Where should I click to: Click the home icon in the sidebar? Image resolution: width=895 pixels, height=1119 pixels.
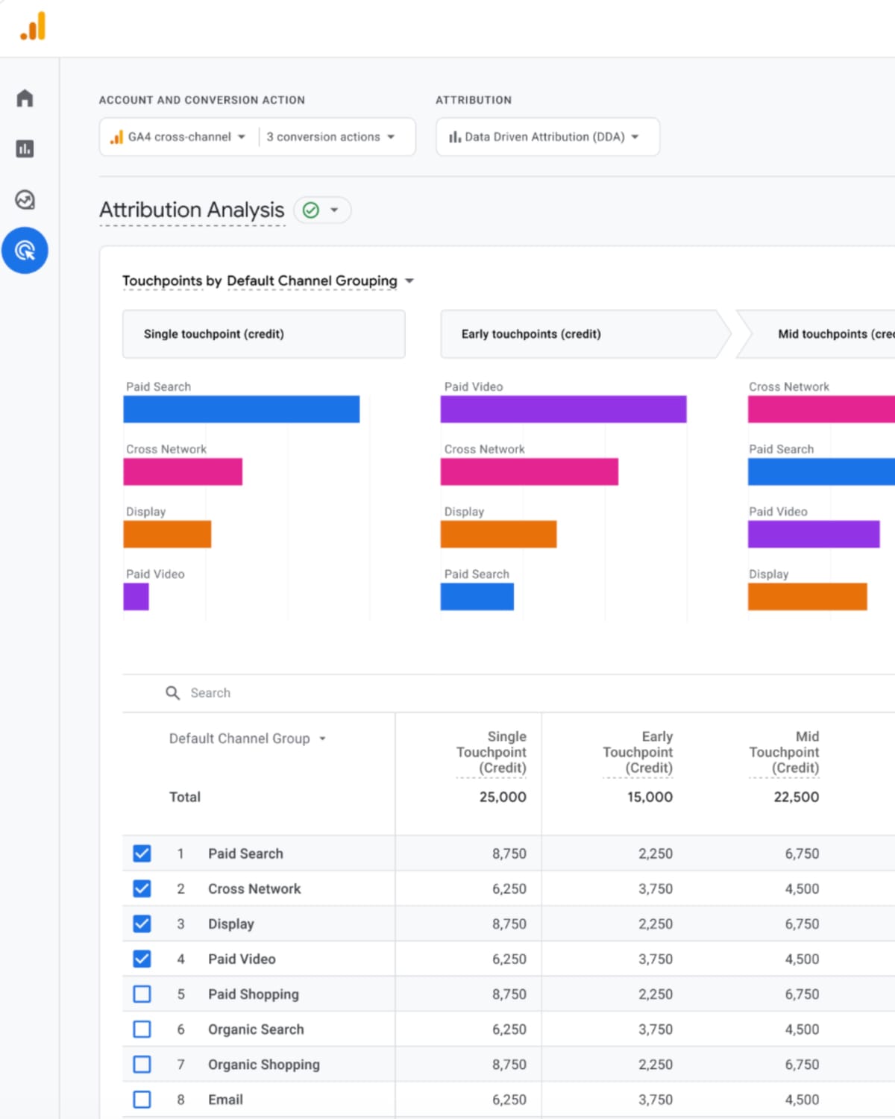tap(25, 98)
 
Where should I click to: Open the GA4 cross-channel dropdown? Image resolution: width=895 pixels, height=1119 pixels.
tap(179, 137)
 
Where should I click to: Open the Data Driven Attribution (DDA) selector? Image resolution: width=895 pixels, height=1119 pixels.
tap(545, 137)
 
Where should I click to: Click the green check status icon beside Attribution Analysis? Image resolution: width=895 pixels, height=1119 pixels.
tap(311, 210)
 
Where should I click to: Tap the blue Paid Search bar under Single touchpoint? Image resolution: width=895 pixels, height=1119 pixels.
tap(241, 410)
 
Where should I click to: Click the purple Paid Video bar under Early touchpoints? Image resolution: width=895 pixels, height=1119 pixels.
tap(563, 410)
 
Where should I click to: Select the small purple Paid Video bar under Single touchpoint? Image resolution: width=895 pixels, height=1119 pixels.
tap(136, 597)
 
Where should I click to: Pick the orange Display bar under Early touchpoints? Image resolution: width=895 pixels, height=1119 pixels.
tap(498, 534)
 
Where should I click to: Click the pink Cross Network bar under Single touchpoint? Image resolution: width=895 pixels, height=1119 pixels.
tap(183, 472)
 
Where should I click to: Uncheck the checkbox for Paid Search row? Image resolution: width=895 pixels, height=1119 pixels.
tap(142, 853)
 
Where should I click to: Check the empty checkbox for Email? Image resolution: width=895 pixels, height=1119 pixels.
tap(142, 1100)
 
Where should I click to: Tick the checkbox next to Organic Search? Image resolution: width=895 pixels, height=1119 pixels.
tap(142, 1029)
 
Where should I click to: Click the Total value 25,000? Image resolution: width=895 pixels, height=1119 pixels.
tap(502, 797)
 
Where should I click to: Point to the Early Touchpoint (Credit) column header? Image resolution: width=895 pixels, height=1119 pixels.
tap(638, 752)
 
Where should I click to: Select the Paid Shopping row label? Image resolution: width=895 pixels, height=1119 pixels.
tap(253, 994)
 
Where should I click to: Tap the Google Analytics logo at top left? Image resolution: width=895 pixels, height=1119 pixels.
tap(33, 27)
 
